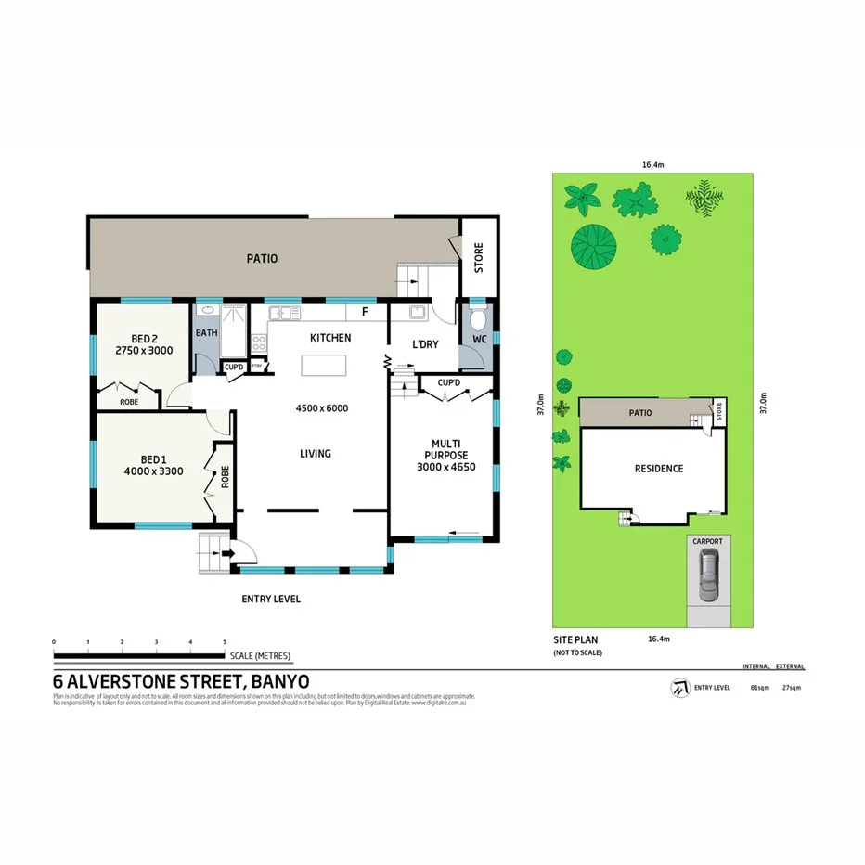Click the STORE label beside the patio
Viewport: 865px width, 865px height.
pyautogui.click(x=479, y=258)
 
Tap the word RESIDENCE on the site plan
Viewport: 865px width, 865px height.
pyautogui.click(x=659, y=469)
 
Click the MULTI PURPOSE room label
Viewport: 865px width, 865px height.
pyautogui.click(x=442, y=448)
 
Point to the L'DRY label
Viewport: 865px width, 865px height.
pyautogui.click(x=424, y=345)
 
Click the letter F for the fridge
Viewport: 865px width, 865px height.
pyautogui.click(x=365, y=312)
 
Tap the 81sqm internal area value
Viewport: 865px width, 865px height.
pyautogui.click(x=759, y=688)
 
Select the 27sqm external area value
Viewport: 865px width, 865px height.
pyautogui.click(x=792, y=688)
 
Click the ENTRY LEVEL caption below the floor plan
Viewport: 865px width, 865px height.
pyautogui.click(x=271, y=600)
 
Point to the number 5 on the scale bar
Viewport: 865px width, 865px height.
pyautogui.click(x=225, y=642)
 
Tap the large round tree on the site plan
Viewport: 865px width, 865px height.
pyautogui.click(x=594, y=246)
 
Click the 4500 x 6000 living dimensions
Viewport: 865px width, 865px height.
pyautogui.click(x=321, y=408)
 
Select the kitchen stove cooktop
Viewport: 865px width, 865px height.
pyautogui.click(x=259, y=342)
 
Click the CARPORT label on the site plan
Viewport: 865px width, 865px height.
pyautogui.click(x=706, y=540)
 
